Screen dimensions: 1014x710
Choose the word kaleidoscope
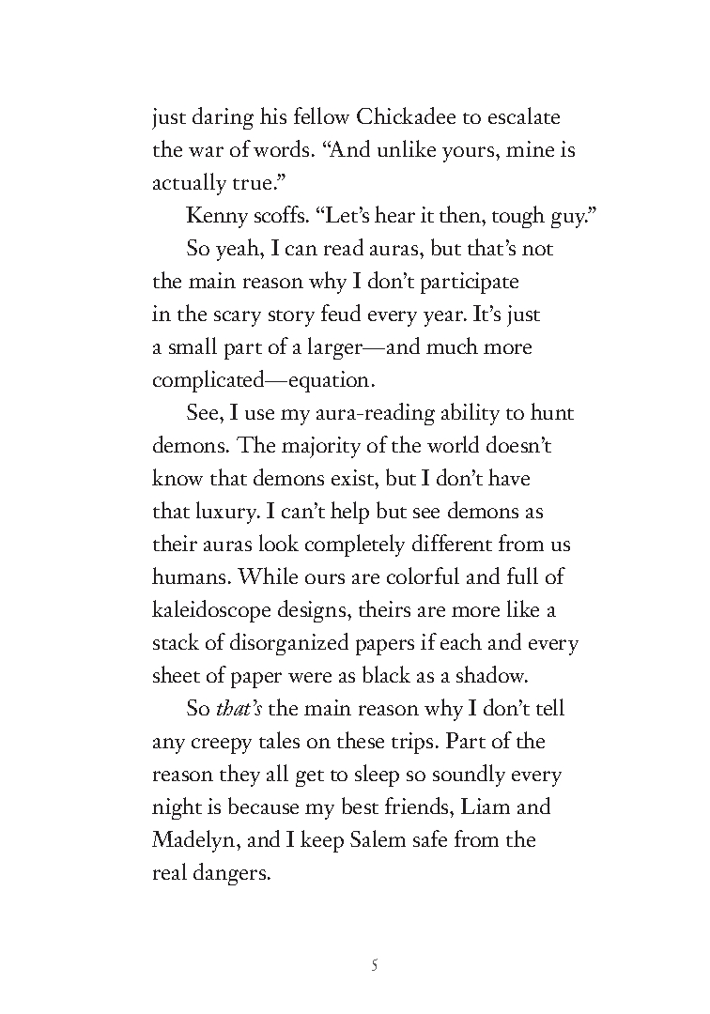(x=222, y=610)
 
